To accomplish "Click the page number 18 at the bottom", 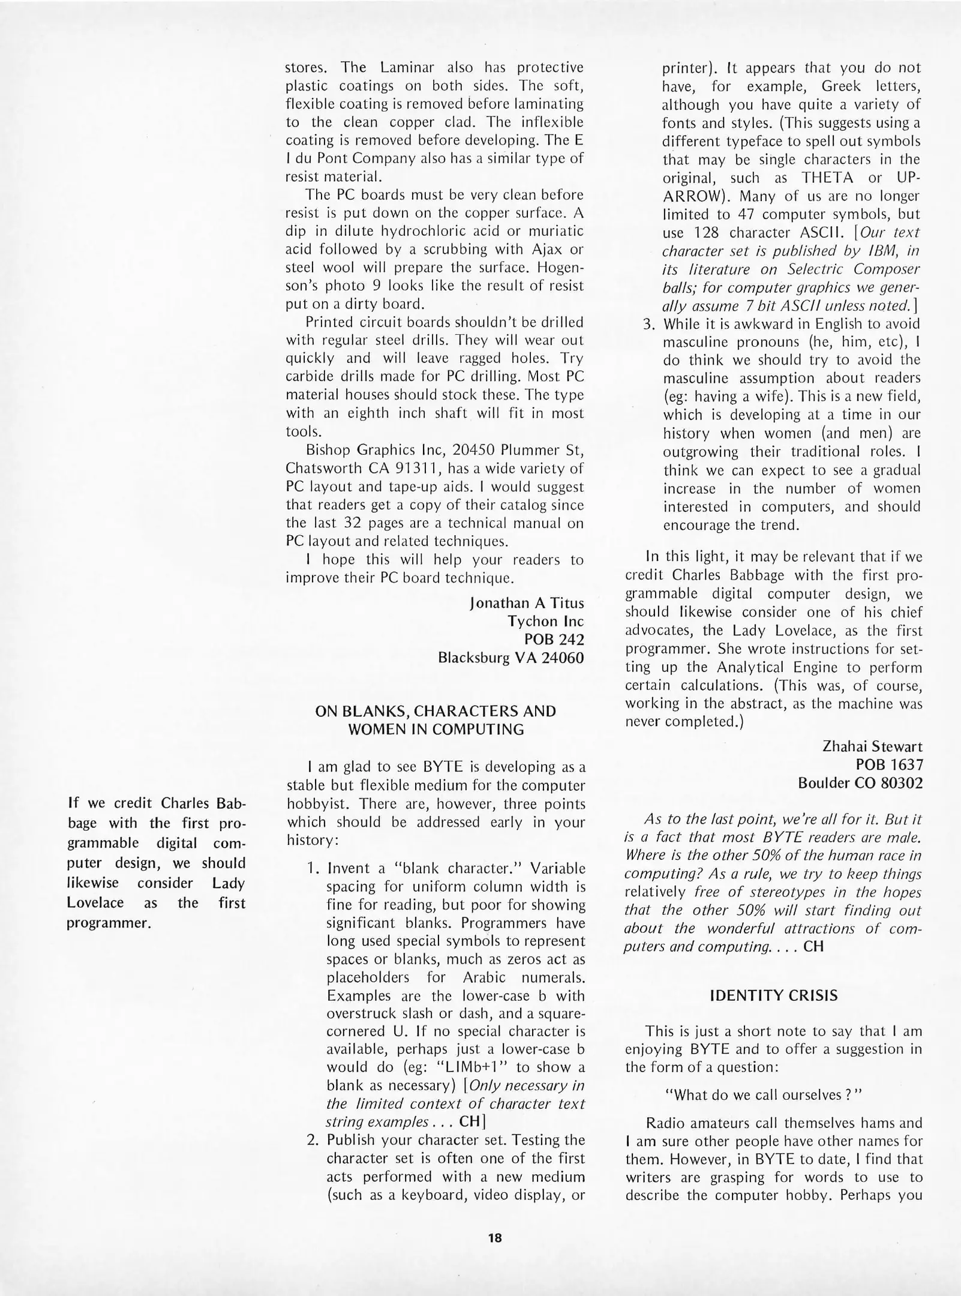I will coord(495,1237).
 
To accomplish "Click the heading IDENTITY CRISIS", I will coord(773,995).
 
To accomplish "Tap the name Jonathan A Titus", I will coord(527,603).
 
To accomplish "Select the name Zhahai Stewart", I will coord(872,746).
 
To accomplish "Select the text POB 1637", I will coord(890,764).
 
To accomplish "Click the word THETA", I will coord(827,178).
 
